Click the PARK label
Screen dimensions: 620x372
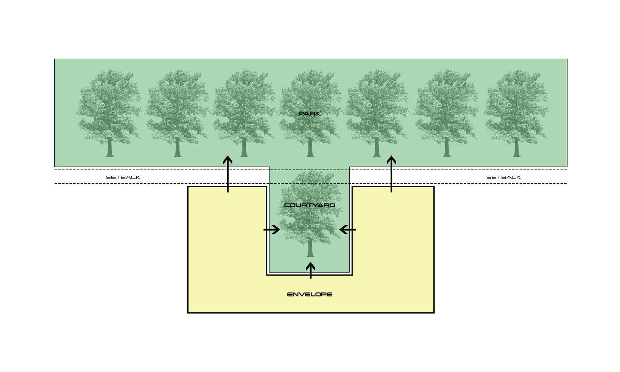(x=309, y=114)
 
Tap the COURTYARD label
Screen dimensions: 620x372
(x=309, y=205)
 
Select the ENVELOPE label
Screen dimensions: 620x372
(x=309, y=294)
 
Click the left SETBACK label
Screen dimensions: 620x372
(x=123, y=177)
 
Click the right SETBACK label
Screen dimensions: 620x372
(x=503, y=177)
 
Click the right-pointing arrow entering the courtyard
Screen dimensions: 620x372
(x=272, y=230)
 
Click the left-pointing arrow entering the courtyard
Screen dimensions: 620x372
(x=347, y=230)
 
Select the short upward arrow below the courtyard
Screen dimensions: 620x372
(x=310, y=270)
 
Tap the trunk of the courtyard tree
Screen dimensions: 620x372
(x=310, y=249)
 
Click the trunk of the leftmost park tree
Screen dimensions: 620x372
(x=110, y=149)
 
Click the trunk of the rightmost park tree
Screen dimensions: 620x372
(x=516, y=149)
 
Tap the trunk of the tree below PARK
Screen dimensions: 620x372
(x=310, y=149)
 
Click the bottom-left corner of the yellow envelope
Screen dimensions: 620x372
(x=188, y=313)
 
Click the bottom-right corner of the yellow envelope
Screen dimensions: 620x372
(x=434, y=313)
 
